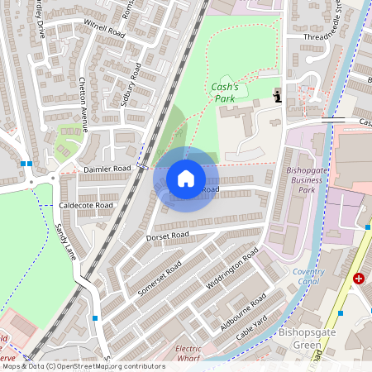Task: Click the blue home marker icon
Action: coord(186,179)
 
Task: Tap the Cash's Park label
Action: coord(224,93)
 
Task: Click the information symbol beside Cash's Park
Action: coord(278,97)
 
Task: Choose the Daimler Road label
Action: coord(107,169)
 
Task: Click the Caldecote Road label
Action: coord(87,205)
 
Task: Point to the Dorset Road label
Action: coord(168,236)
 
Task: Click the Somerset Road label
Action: coord(162,280)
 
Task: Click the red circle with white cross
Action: coord(359,279)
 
